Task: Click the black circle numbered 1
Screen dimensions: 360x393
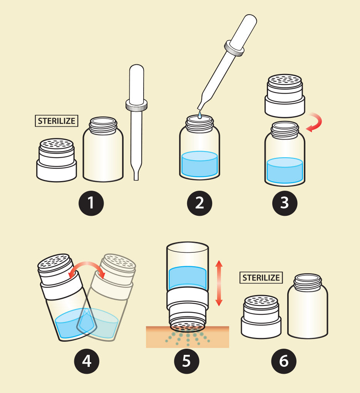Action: (x=91, y=203)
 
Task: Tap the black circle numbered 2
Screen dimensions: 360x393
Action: (x=199, y=203)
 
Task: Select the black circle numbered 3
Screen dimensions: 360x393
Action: (x=285, y=203)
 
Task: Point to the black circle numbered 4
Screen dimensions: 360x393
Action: (x=86, y=361)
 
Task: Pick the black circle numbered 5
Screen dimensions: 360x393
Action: (x=187, y=361)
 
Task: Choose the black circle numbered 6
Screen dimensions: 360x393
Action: (x=284, y=361)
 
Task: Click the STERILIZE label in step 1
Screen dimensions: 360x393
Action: (x=56, y=121)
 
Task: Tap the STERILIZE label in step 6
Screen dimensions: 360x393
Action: (x=261, y=278)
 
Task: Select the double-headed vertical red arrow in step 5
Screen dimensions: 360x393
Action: (x=219, y=283)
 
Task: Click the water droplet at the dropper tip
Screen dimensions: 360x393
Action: (x=200, y=115)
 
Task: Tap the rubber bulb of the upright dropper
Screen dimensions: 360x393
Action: (x=137, y=83)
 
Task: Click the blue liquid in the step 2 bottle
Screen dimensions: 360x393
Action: (x=199, y=164)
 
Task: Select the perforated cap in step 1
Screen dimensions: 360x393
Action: (x=57, y=160)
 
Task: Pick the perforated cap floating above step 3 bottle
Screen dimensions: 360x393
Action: (x=285, y=96)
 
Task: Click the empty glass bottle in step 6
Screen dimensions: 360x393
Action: (x=308, y=306)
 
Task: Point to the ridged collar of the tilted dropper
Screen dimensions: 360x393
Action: (x=234, y=48)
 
